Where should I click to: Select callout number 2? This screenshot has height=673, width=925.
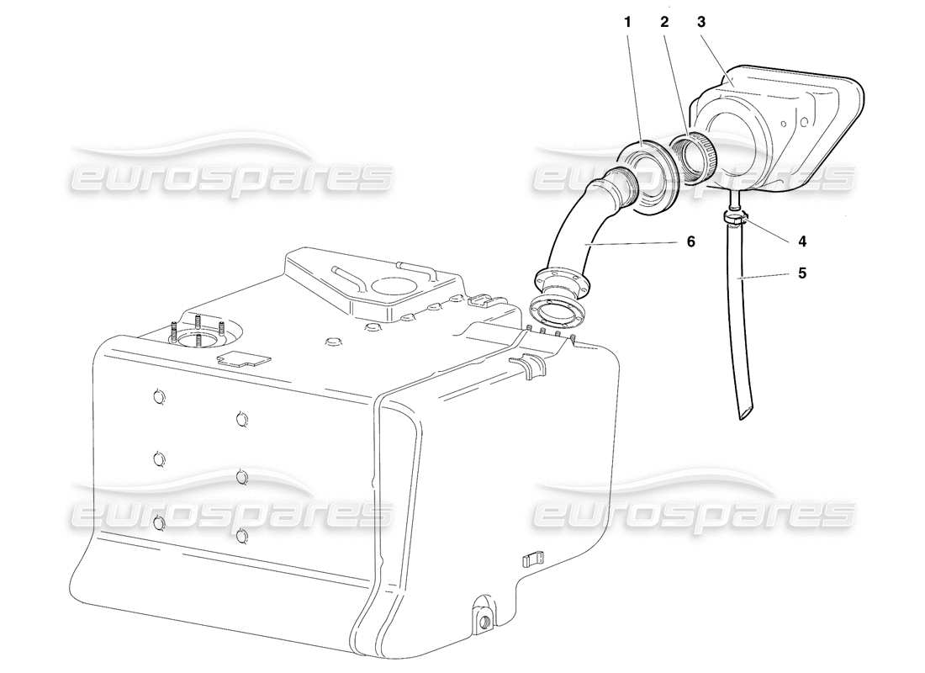pyautogui.click(x=664, y=23)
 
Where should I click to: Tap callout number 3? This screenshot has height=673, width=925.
pyautogui.click(x=700, y=23)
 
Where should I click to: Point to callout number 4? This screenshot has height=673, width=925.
pyautogui.click(x=802, y=241)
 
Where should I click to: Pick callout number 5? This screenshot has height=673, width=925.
pyautogui.click(x=802, y=273)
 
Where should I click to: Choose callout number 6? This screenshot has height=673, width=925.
pyautogui.click(x=690, y=241)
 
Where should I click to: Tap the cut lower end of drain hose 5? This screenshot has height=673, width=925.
pyautogui.click(x=746, y=413)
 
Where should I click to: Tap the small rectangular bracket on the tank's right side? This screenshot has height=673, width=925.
pyautogui.click(x=532, y=559)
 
